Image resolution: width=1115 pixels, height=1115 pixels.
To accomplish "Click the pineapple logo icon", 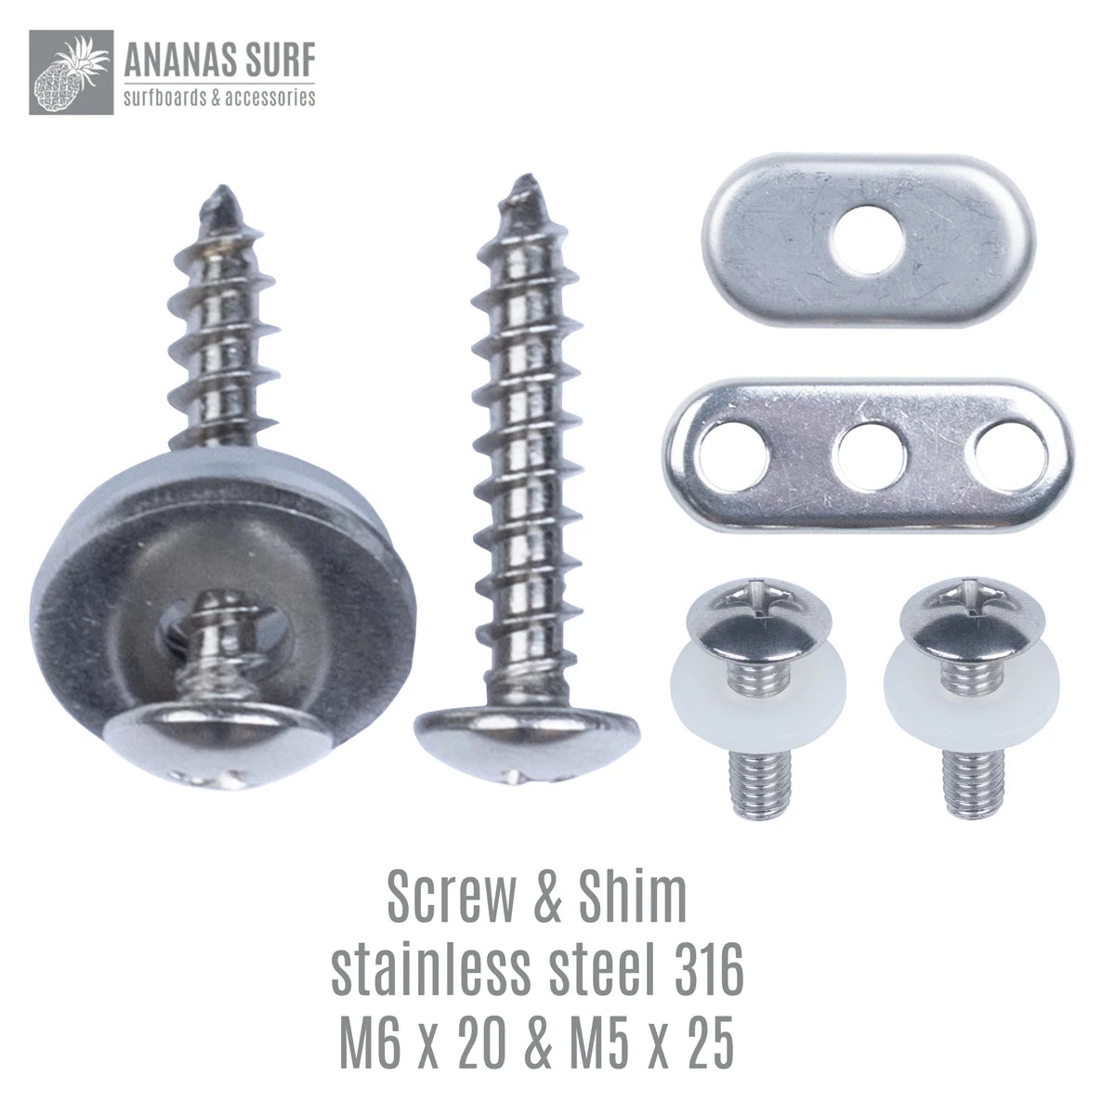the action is (71, 72).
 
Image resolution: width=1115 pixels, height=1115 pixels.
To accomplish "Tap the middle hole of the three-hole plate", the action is (872, 459).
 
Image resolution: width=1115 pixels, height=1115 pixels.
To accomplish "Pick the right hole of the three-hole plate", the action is (1009, 458).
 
